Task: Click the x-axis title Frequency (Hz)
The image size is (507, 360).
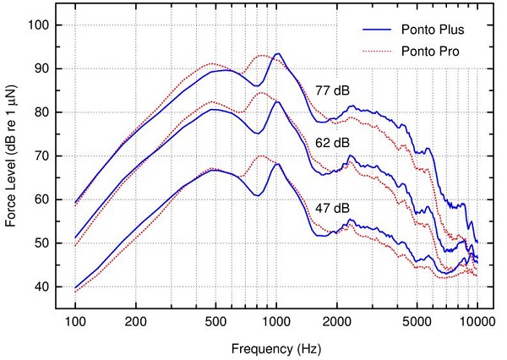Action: [x=276, y=346]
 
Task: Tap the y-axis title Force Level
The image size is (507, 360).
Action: [x=13, y=156]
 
